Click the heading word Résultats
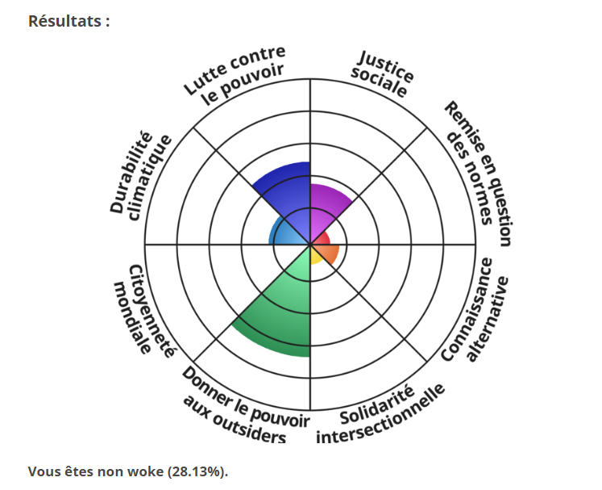[x=68, y=22]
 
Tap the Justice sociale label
[x=384, y=73]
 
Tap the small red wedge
[x=322, y=239]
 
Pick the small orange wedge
[x=329, y=253]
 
